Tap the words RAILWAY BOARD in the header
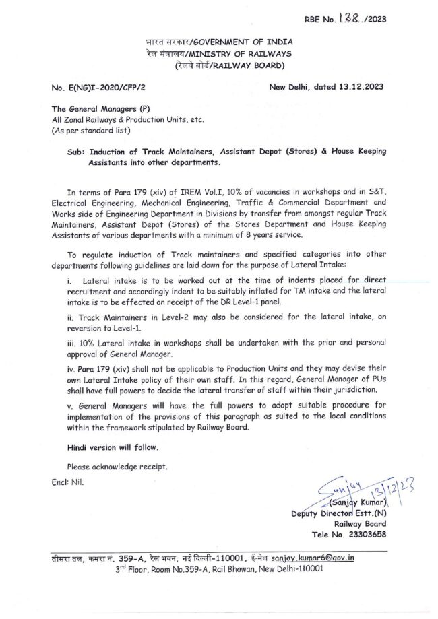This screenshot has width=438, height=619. coord(251,65)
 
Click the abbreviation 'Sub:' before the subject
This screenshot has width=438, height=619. coord(75,153)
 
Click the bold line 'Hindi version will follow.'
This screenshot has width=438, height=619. coord(113,447)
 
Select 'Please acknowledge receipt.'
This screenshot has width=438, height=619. coord(117,467)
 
